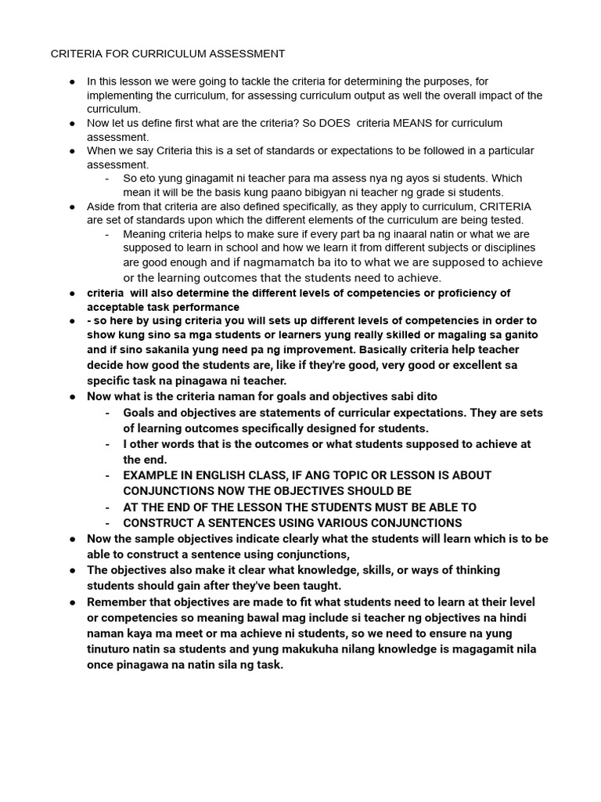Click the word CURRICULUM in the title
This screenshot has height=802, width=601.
coord(167,54)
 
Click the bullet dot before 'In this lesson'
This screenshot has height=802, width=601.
coord(72,81)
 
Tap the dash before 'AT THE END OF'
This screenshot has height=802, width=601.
coord(106,507)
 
